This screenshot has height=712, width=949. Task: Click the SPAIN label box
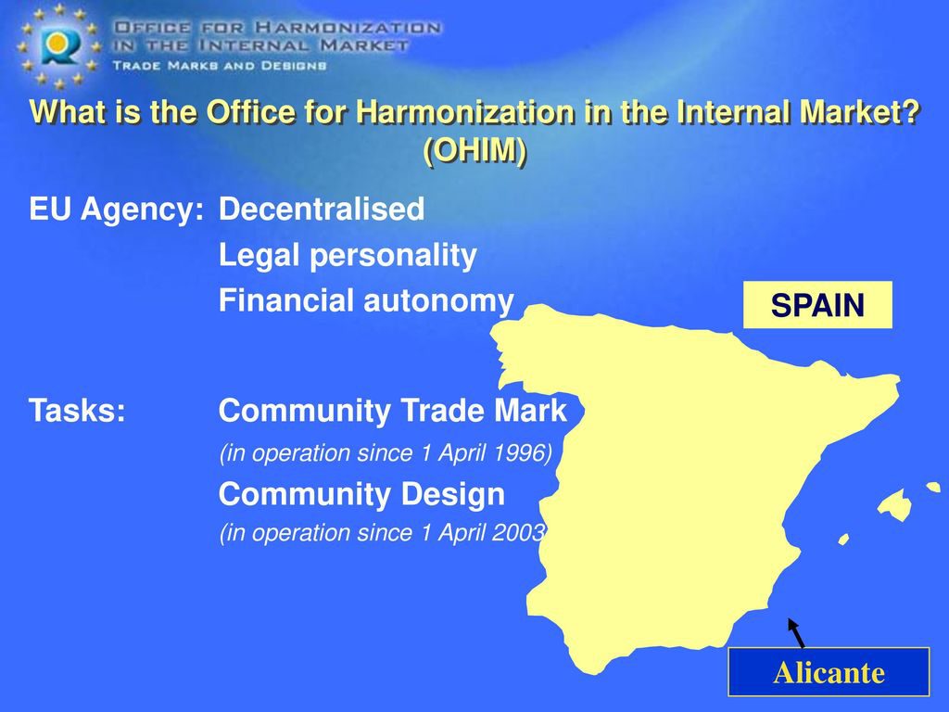(817, 304)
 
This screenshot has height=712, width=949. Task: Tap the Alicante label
(829, 672)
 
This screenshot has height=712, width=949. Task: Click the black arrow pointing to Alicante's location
(796, 632)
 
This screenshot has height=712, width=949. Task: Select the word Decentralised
(322, 209)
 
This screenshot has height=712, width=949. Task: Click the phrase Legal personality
(348, 255)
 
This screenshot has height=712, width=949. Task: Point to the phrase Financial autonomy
(366, 301)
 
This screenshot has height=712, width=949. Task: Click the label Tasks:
(78, 411)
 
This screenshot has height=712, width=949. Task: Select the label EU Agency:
(116, 210)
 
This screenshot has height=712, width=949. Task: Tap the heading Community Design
(361, 494)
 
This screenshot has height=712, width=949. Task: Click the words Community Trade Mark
(393, 411)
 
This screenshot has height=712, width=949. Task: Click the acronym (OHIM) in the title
(474, 149)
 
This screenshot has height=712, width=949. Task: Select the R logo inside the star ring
(59, 45)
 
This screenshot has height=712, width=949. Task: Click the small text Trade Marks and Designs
(219, 66)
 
